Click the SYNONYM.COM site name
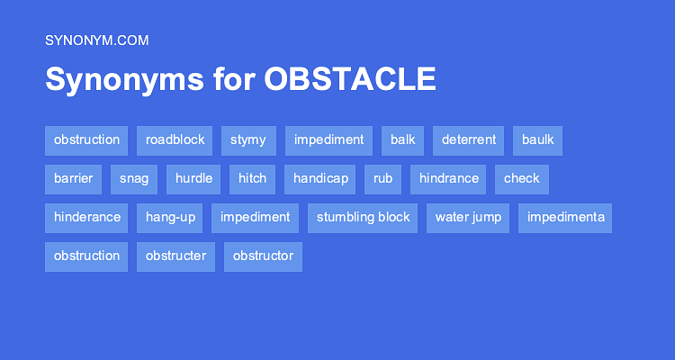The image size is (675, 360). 96,40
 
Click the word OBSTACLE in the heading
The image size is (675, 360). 350,79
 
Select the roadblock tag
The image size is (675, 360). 175,140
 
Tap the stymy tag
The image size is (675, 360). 248,140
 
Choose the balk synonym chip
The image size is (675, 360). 402,140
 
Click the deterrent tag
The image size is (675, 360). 468,140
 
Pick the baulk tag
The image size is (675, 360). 537,140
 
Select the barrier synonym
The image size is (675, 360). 74,179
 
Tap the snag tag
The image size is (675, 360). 134,179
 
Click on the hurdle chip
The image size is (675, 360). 193,179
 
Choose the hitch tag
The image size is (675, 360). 252,179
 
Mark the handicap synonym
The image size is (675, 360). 320,179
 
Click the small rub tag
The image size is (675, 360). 382,179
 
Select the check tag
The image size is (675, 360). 521,179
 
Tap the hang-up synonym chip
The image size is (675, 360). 170,218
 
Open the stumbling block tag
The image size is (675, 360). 363,218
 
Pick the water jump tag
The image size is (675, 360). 468,218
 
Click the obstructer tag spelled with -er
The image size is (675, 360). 175,256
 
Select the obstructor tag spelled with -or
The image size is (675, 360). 263,256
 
